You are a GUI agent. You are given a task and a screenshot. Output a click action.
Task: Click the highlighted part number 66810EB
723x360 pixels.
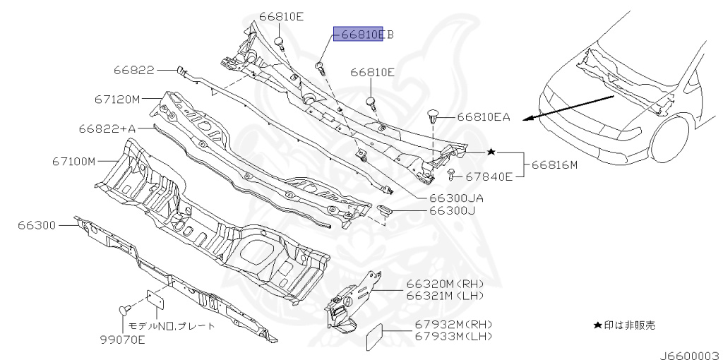click(x=359, y=34)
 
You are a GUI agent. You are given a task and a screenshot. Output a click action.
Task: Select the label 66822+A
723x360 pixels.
click(x=107, y=128)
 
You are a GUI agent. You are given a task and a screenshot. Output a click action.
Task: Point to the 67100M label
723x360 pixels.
click(x=73, y=161)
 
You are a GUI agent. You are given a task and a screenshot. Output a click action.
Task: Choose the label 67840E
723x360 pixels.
click(x=489, y=176)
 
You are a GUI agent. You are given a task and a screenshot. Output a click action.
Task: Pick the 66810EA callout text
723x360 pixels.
click(x=483, y=117)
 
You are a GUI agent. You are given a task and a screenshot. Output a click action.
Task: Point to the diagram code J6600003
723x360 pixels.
click(x=690, y=354)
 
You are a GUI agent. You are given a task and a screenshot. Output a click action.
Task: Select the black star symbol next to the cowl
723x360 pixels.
click(x=491, y=152)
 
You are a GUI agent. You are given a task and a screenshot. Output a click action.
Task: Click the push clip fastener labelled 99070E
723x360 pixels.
click(x=124, y=310)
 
